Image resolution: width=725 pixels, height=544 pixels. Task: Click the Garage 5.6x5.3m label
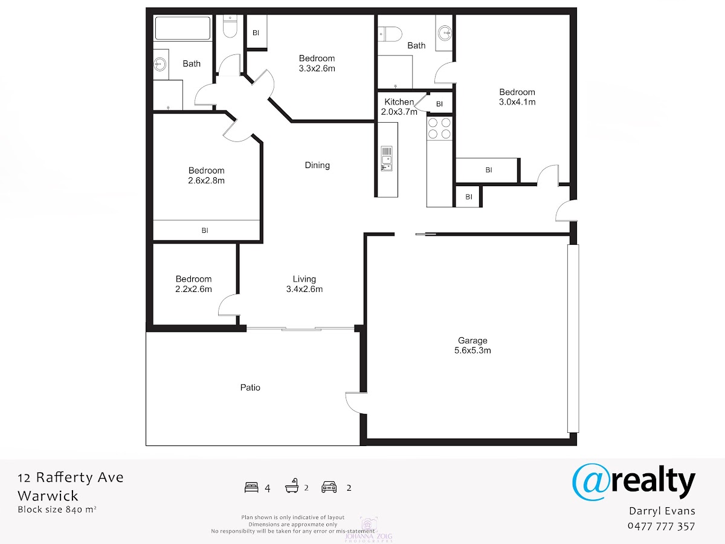[x=472, y=346]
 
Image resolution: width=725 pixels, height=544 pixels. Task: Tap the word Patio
[x=250, y=387]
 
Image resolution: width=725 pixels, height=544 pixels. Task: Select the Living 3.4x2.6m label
[x=304, y=284]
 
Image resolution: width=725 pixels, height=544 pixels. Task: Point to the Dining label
[x=317, y=165]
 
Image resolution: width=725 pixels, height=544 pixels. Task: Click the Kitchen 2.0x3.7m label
[x=399, y=107]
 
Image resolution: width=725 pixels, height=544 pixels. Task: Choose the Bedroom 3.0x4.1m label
[x=517, y=97]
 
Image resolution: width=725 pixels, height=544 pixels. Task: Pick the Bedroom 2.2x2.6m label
[x=193, y=284]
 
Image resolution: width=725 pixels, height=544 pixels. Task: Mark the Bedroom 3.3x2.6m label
[x=317, y=63]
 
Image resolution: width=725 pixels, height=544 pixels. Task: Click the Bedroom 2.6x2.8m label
[x=206, y=175]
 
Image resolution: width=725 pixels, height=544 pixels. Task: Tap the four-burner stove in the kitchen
[x=439, y=128]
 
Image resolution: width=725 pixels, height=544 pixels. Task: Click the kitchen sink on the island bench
[x=387, y=159]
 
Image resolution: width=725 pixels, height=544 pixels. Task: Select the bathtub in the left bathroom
[x=182, y=28]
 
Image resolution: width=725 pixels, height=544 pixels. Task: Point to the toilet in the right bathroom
[x=390, y=34]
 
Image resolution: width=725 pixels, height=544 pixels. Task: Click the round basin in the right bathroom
[x=445, y=33]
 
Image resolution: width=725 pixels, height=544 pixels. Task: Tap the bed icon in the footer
[x=251, y=488]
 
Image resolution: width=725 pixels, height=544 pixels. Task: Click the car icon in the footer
[x=329, y=487]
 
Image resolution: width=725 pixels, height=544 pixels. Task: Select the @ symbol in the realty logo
[x=590, y=482]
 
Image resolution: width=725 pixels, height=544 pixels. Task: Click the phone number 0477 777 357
[x=661, y=526]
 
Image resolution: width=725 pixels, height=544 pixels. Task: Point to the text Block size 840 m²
[x=57, y=510]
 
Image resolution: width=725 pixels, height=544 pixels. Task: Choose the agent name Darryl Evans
[x=662, y=511]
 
